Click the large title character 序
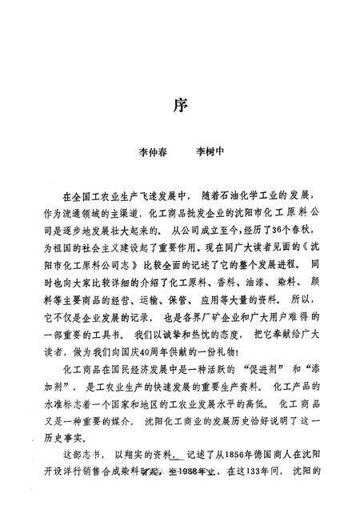[x=180, y=105]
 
